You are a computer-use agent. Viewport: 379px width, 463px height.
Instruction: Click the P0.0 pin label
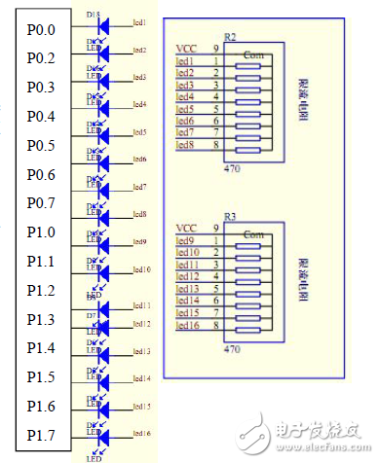[x=41, y=30]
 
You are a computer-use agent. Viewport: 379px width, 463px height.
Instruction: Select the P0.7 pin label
[x=41, y=203]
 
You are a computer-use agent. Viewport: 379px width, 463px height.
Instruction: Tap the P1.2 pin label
[x=41, y=290]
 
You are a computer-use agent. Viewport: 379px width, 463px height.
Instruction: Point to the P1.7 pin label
[x=41, y=434]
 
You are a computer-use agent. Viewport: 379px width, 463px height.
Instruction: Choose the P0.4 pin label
[x=41, y=117]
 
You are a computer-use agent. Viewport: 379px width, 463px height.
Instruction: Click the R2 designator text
[x=231, y=36]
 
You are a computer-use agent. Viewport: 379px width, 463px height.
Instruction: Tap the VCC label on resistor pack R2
[x=186, y=48]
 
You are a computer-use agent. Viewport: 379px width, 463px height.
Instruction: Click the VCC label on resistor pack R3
[x=186, y=228]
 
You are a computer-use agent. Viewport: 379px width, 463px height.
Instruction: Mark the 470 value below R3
[x=232, y=346]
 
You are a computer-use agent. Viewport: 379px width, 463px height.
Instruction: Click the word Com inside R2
[x=253, y=53]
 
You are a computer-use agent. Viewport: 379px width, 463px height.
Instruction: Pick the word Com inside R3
[x=253, y=234]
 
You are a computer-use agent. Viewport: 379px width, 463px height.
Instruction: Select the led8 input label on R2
[x=185, y=144]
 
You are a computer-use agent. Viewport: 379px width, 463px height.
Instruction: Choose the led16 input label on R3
[x=187, y=325]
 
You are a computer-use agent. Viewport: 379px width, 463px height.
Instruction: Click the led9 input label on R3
[x=185, y=239]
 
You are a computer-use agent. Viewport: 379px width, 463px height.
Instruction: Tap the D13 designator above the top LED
[x=94, y=16]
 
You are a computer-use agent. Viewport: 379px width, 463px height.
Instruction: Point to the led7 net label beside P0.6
[x=139, y=186]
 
